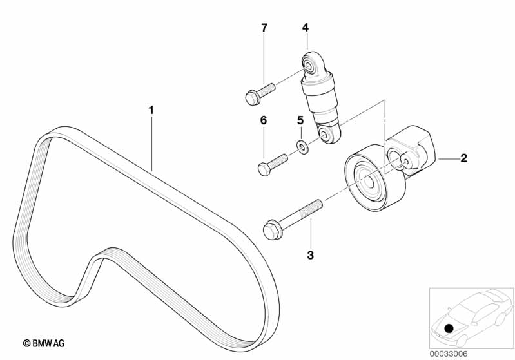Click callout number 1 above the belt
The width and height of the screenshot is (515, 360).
151,111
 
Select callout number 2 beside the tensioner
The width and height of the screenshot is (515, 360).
463,157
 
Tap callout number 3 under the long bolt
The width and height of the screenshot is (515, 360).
310,255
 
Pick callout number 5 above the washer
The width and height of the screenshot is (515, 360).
300,120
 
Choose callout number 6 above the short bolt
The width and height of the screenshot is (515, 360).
263,120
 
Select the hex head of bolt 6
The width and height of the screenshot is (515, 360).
264,169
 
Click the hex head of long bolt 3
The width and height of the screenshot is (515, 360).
271,229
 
